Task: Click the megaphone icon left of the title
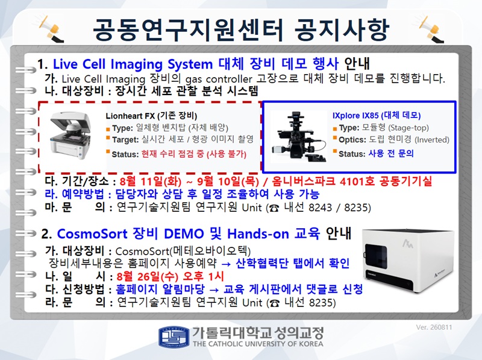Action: click(x=51, y=29)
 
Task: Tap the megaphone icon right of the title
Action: click(x=431, y=29)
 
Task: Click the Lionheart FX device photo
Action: click(x=71, y=135)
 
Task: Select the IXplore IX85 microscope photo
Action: click(x=298, y=137)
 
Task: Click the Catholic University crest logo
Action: click(x=174, y=337)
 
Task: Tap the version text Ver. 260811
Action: click(x=434, y=327)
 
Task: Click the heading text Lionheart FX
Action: click(x=130, y=116)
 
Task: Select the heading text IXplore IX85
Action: click(x=355, y=116)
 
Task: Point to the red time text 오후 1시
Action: click(x=203, y=276)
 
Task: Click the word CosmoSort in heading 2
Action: click(x=92, y=234)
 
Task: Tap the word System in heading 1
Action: click(x=190, y=64)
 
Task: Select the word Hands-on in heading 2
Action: click(x=258, y=234)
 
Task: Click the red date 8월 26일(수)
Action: click(x=148, y=276)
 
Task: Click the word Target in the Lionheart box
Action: click(x=125, y=140)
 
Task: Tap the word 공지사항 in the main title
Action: click(x=342, y=29)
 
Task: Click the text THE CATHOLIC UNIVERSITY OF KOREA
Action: click(x=258, y=344)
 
